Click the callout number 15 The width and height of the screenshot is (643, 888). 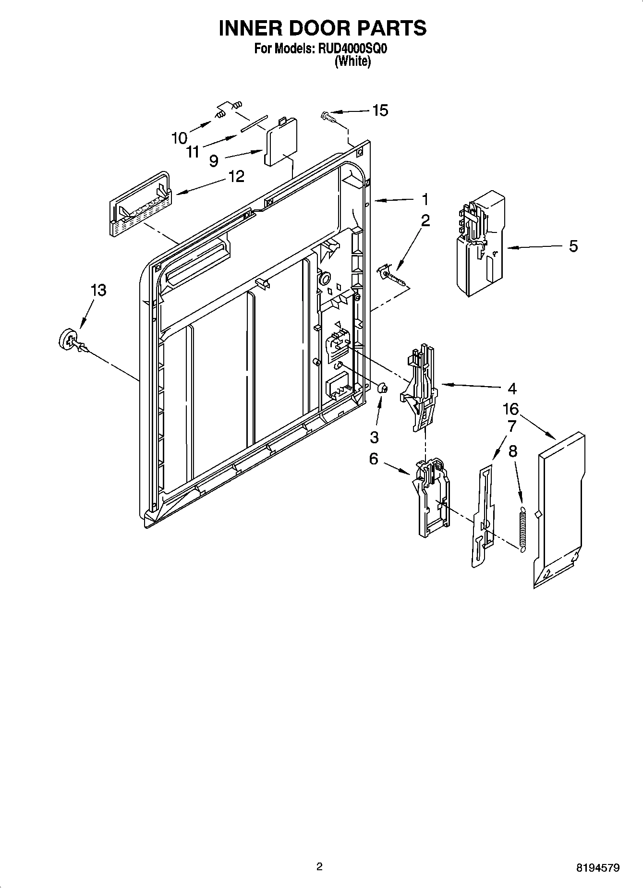[380, 110]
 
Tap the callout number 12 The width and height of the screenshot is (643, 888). [236, 176]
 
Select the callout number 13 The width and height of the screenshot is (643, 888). [98, 291]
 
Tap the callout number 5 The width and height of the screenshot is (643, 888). [573, 246]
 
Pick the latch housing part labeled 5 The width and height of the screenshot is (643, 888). [480, 243]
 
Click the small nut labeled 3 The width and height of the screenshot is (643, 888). [382, 388]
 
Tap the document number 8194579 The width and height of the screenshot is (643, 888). [598, 868]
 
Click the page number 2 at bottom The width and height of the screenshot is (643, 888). [320, 867]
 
